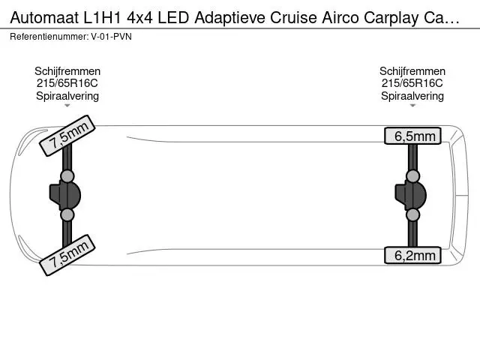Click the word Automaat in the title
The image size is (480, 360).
coord(44,18)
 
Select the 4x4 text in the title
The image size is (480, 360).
coord(139,18)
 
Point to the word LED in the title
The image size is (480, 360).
coord(173,18)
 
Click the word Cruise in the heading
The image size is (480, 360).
coord(293,18)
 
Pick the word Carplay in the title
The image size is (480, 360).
coord(391,18)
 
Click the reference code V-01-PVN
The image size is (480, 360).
coord(111,37)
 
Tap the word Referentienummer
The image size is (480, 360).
coord(49,37)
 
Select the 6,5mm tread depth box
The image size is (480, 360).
coord(412,136)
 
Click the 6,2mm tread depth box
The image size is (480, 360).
coord(412,255)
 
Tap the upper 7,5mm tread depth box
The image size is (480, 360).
coord(67,136)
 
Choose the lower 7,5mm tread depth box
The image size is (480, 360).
coord(67,255)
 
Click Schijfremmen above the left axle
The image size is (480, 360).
coord(67,71)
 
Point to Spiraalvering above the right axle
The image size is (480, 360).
coord(412,96)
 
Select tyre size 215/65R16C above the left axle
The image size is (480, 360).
coord(67,83)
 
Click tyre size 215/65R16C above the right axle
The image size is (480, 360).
coord(412,83)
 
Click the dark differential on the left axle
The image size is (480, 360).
coord(65,195)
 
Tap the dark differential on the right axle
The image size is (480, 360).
coord(410,195)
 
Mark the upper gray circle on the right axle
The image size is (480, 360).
coord(412,176)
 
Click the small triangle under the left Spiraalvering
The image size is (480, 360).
coord(67,106)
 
